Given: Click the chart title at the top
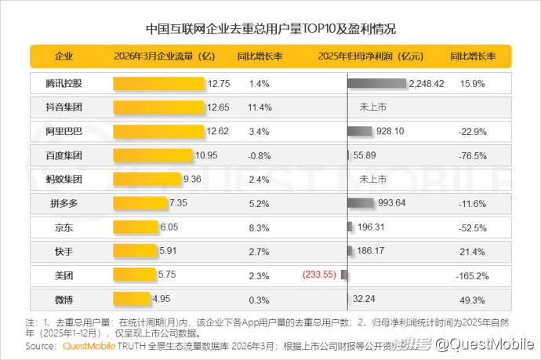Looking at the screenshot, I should coord(270,29).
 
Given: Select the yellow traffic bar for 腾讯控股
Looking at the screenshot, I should coord(159,83).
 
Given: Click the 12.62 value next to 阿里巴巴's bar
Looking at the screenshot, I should coord(217,132).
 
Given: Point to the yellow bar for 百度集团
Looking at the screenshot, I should coord(152,155).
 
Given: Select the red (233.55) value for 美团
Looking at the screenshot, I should coord(319,275).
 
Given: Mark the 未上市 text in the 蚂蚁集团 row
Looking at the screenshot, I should coord(372,180).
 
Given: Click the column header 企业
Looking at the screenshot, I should coord(64,56).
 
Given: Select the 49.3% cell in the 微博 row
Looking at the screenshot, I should coord(472,300).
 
